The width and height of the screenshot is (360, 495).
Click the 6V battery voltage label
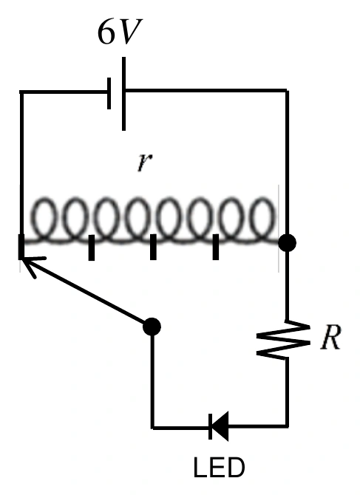(x=120, y=32)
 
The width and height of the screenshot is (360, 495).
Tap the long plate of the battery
(x=123, y=94)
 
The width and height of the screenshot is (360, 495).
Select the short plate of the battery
(x=109, y=93)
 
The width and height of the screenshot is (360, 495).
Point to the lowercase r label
(x=145, y=163)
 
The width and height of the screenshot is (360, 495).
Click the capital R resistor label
(x=331, y=337)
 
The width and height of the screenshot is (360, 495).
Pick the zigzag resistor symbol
(x=283, y=340)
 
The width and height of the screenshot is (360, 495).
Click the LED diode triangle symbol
(x=219, y=426)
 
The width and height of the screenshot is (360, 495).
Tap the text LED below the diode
(x=219, y=467)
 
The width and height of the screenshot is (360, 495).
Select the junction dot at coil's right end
(x=287, y=243)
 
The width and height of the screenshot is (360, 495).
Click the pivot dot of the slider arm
(x=152, y=327)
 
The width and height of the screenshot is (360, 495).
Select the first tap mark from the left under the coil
(x=92, y=247)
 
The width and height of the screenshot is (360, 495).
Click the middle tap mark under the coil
(x=153, y=247)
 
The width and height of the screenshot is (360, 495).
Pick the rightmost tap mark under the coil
(x=216, y=247)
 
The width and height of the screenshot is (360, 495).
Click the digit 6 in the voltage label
(x=105, y=32)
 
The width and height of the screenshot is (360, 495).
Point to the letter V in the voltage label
(x=130, y=32)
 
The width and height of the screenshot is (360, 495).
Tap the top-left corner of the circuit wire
(x=21, y=92)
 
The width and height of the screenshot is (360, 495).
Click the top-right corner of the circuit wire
(x=287, y=91)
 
